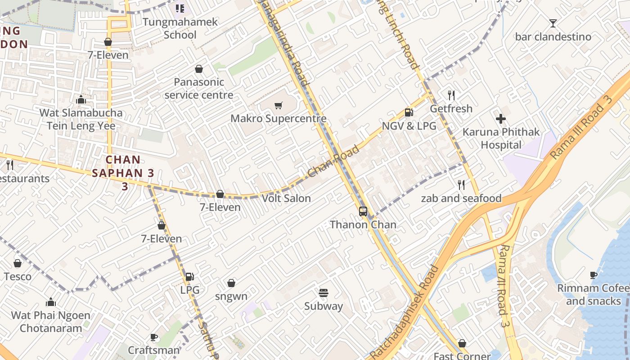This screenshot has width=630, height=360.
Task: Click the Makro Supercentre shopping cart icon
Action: tap(279, 106)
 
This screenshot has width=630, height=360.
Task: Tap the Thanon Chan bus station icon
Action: tap(363, 211)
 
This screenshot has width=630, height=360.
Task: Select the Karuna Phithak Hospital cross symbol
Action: tap(501, 119)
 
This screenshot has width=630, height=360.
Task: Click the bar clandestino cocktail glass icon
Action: tap(553, 23)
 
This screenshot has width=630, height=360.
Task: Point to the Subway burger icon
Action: tap(323, 293)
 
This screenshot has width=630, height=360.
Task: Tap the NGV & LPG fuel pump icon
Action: tap(409, 113)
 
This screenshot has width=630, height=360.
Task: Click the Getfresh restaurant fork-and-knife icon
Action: tap(451, 95)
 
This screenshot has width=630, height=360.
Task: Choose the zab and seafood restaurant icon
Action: tap(461, 185)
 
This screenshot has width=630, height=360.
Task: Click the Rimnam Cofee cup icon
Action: tap(594, 275)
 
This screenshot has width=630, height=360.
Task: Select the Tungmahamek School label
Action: tap(180, 28)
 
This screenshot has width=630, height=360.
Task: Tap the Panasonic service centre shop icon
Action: tap(198, 69)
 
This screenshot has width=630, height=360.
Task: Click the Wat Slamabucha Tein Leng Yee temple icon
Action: tap(81, 99)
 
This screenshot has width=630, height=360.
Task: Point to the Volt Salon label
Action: tap(286, 198)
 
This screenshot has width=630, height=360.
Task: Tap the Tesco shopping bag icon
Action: tap(18, 263)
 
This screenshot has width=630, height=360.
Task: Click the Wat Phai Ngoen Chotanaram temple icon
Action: tap(51, 302)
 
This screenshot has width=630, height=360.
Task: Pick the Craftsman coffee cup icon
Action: tap(154, 337)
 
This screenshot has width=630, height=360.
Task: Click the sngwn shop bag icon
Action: tap(231, 283)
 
